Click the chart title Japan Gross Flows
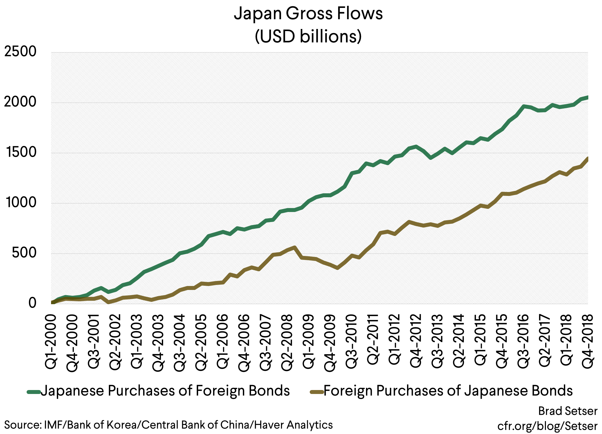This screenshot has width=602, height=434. (x=308, y=13)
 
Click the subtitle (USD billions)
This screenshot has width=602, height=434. (x=308, y=36)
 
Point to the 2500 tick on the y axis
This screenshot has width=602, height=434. (x=20, y=52)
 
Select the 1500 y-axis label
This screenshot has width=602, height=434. (x=20, y=152)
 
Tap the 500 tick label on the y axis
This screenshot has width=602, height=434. (x=24, y=253)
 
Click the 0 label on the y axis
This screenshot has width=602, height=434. (x=32, y=303)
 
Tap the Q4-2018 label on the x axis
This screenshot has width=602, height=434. (x=588, y=341)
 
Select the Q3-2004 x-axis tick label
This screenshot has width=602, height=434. (x=179, y=343)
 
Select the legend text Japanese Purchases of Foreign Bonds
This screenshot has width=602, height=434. (x=165, y=391)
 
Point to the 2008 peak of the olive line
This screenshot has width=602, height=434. (x=294, y=248)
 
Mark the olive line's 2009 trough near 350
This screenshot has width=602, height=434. (x=337, y=268)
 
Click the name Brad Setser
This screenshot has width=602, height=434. (x=568, y=411)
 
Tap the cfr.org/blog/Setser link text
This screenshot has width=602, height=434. (x=547, y=426)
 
